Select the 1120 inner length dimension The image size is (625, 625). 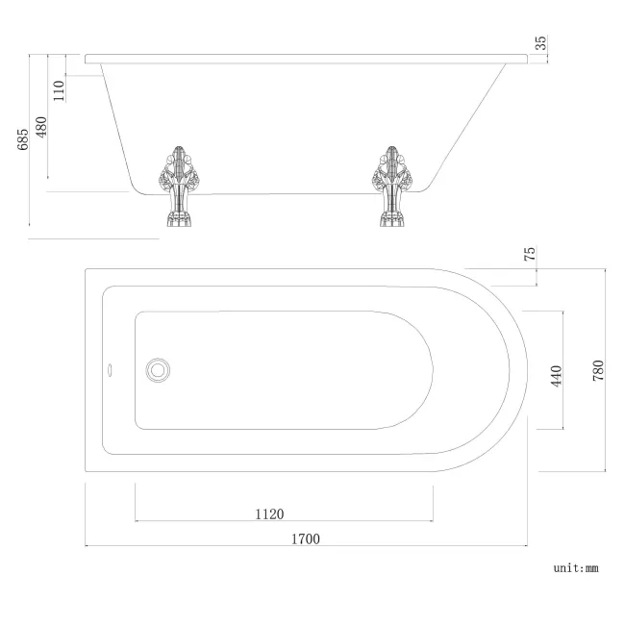coord(269,513)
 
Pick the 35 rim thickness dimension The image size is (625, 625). coord(540,42)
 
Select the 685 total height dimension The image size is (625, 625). coord(22,140)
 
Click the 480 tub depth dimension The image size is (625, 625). coord(41,127)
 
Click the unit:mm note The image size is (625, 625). coord(575,568)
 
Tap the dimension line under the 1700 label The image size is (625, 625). coord(306,547)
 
